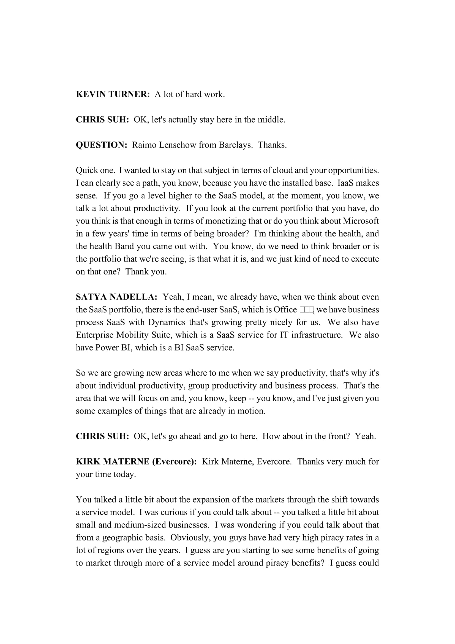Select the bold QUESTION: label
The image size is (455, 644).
coord(102,145)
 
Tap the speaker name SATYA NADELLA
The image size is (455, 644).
coord(116,297)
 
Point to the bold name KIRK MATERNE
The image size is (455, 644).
coord(112,461)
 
